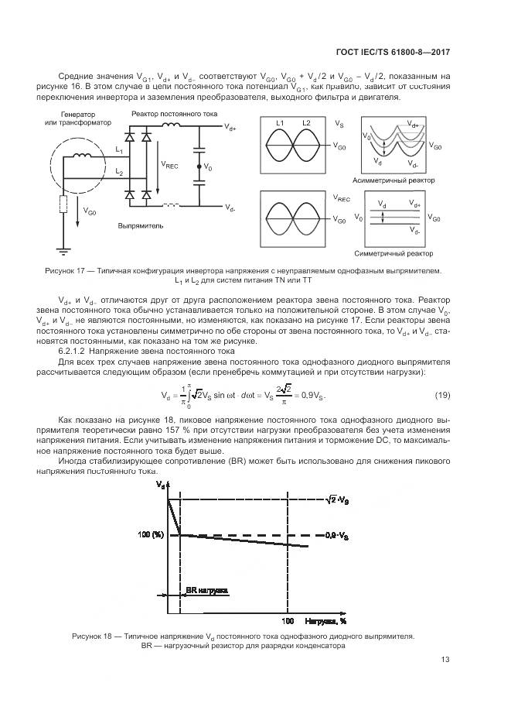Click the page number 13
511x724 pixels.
click(445, 661)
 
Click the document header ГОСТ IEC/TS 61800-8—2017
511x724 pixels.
click(392, 53)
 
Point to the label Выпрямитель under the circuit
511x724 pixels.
click(140, 227)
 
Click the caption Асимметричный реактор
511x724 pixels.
click(393, 180)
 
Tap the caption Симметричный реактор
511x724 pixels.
click(393, 253)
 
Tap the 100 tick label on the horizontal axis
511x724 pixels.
click(288, 621)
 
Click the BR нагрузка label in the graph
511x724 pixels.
click(206, 590)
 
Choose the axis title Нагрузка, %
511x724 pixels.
click(325, 621)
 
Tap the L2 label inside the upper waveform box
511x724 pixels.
click(306, 122)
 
